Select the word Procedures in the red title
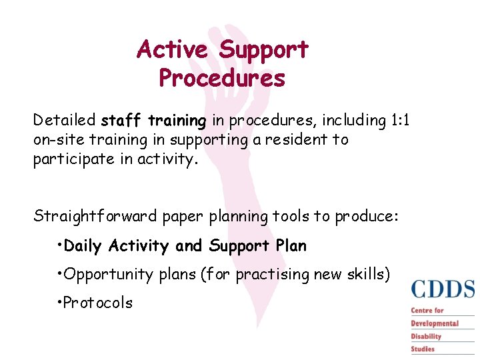point(222,79)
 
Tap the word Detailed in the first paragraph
point(65,121)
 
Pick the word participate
point(74,160)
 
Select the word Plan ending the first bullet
point(291,246)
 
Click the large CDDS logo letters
point(443,289)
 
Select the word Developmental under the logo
point(435,323)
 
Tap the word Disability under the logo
point(426,336)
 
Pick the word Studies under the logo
point(423,349)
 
